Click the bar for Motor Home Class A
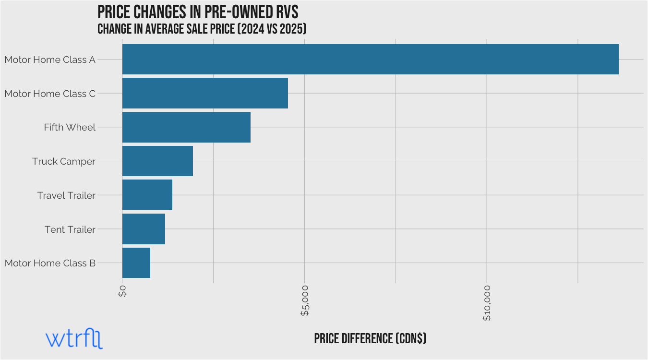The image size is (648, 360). [x=370, y=60]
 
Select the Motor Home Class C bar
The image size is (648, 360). [x=205, y=93]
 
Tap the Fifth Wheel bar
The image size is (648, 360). [x=186, y=127]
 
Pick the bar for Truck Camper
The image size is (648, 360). [x=157, y=161]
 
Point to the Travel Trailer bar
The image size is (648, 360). [x=147, y=195]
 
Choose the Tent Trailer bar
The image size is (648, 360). [x=144, y=229]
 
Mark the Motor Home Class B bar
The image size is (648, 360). [x=136, y=263]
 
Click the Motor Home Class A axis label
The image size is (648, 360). [x=50, y=60]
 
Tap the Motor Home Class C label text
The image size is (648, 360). [x=50, y=94]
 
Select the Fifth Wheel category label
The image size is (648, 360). [x=70, y=128]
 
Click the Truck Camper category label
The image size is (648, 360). [x=64, y=161]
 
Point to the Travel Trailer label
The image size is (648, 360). [x=66, y=195]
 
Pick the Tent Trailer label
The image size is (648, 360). [x=70, y=229]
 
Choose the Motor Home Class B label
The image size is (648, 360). [x=50, y=263]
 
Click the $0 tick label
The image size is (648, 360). [x=122, y=291]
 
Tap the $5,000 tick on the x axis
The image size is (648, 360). [x=305, y=301]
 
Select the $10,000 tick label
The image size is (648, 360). [x=487, y=303]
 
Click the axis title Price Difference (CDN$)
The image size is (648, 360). [x=370, y=338]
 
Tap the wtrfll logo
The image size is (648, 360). [x=74, y=339]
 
